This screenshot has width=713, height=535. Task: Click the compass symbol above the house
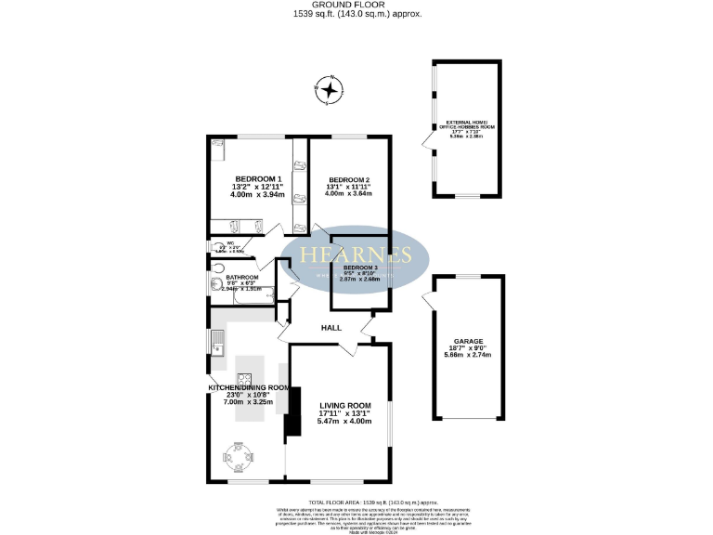click(x=330, y=89)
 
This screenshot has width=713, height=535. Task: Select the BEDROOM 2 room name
click(x=348, y=179)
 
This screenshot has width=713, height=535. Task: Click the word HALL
click(x=331, y=328)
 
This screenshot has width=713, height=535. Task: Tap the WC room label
click(x=230, y=243)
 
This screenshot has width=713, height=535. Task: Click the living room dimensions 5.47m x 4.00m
click(x=344, y=422)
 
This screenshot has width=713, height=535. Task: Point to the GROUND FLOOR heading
click(x=356, y=6)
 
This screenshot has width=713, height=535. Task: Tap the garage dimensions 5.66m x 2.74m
click(x=467, y=356)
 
